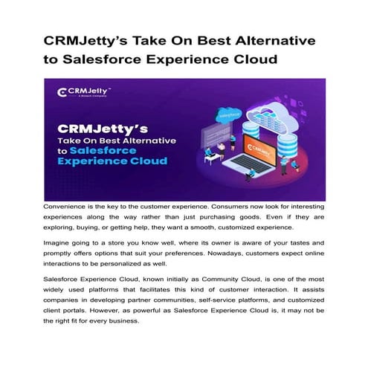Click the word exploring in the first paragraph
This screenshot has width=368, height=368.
[64, 229]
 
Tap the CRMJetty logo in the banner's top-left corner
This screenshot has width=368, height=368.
[79, 92]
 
